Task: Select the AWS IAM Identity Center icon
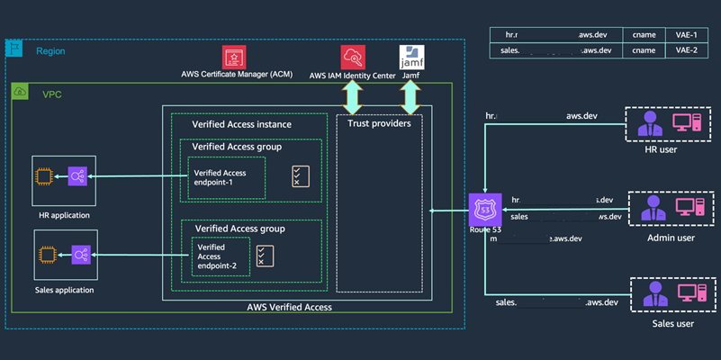click(x=352, y=56)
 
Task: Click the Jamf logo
click(x=410, y=56)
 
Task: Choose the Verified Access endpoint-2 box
click(x=215, y=256)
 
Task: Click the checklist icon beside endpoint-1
click(x=300, y=176)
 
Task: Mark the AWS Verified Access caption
click(x=289, y=307)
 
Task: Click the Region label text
click(x=50, y=51)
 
